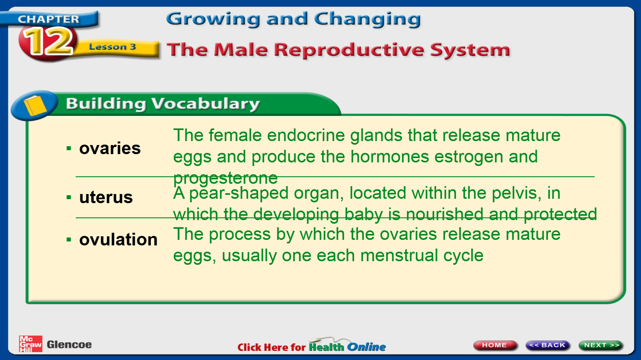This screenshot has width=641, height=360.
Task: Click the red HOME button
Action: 495,345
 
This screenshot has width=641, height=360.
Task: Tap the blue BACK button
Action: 548,345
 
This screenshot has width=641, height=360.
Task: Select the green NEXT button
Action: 601,345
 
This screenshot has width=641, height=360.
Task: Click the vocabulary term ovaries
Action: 110,148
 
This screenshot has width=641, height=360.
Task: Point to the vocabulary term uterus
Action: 106,197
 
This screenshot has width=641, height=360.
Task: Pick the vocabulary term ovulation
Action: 118,239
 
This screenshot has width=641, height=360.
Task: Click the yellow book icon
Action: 35,106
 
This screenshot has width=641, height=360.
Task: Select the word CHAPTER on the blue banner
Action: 48,19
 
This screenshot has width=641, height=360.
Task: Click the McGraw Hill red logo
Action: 30,344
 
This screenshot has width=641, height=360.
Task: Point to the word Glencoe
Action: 69,345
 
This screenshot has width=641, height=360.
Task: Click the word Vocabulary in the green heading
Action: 205,104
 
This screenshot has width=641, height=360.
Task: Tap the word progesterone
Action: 225,178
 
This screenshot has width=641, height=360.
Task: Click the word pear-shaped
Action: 239,193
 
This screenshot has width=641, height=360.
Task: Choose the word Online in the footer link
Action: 366,347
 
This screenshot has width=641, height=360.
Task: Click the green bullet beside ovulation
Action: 69,239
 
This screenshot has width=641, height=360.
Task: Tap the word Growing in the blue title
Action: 213,19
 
